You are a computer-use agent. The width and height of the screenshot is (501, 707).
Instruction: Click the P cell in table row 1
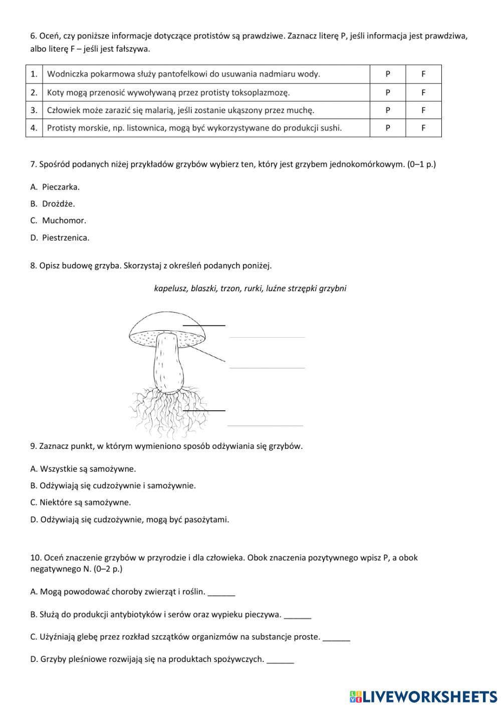pos(387,74)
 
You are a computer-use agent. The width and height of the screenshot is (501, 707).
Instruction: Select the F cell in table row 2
pos(423,93)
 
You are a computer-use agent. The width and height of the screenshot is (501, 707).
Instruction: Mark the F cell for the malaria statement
pos(423,110)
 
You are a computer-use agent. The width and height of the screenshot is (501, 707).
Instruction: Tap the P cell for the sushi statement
pos(387,128)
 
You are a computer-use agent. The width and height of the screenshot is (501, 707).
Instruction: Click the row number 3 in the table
pos(34,110)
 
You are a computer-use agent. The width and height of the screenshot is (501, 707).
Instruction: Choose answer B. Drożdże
pos(53,204)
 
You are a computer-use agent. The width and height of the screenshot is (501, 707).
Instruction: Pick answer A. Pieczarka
pos(55,187)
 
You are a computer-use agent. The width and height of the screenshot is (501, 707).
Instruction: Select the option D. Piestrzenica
pos(60,238)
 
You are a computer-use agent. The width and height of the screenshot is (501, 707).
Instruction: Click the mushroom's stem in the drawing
pos(167,365)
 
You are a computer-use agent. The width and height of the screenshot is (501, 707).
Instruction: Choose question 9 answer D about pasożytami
pos(130,519)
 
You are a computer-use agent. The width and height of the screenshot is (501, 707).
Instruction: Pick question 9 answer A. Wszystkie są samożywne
pos(83,469)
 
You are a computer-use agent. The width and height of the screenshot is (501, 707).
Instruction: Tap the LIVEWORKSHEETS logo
pos(423,696)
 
